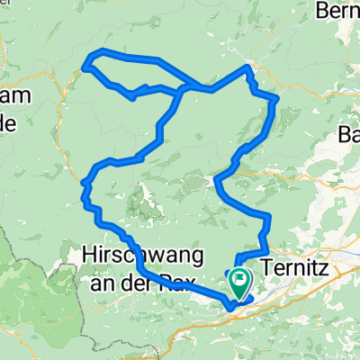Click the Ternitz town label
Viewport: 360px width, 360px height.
tap(296, 267)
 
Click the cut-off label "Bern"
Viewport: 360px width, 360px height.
tap(338, 12)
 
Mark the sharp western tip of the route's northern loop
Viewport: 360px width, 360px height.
tap(86, 65)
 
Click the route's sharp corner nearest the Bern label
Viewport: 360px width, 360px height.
tap(249, 67)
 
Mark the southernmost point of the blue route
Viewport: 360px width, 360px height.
tap(231, 308)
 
